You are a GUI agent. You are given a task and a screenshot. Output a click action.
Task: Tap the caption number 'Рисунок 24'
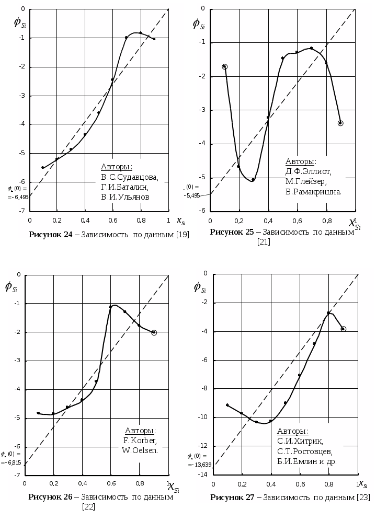coord(51,235)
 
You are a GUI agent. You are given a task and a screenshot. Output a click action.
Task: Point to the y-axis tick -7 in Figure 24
coord(21,211)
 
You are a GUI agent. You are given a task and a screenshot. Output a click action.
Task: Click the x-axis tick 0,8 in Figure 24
coord(140,221)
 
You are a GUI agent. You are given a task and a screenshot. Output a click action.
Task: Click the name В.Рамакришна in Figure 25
coord(313,192)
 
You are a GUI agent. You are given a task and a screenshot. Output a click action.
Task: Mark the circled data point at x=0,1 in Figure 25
coord(225,67)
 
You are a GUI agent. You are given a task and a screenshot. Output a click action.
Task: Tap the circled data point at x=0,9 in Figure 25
coord(340,123)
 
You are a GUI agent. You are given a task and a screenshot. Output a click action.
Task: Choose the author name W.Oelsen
coord(140,450)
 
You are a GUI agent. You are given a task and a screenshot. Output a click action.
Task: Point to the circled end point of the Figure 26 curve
coord(154,332)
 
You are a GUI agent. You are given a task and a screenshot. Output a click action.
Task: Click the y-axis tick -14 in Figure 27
coord(203,474)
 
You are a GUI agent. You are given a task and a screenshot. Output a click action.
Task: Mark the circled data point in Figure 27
coord(343,329)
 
